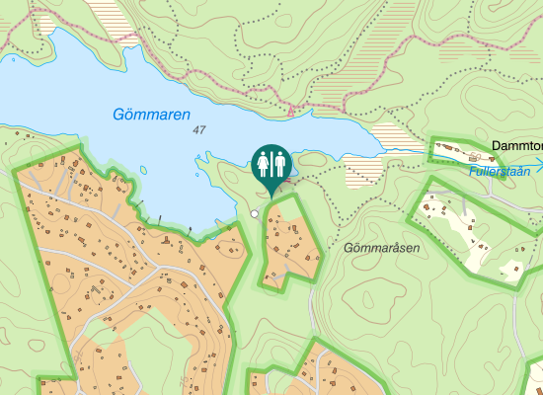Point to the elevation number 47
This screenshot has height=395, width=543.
pos(200,130)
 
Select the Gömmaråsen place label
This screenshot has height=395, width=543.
pos(382,248)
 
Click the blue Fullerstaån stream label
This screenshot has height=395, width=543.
pos(500,171)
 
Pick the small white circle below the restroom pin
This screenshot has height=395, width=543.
pos(254,213)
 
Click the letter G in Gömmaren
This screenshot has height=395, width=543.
pos(118,114)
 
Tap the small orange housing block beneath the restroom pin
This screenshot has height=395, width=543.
pos(288,243)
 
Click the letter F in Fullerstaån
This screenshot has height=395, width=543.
pos(473,171)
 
